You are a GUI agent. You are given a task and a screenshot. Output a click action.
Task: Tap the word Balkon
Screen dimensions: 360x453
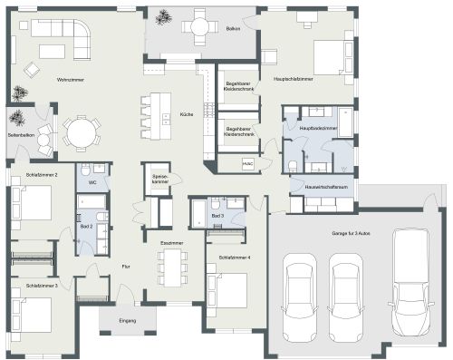[233, 29]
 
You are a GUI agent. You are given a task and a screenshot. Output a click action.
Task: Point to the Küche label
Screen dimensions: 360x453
[186, 115]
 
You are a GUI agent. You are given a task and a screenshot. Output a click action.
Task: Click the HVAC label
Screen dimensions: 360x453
[246, 164]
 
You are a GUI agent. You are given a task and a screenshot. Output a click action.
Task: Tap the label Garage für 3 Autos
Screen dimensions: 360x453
[351, 233]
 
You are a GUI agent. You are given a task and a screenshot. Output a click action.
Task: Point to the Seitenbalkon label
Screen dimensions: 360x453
[20, 135]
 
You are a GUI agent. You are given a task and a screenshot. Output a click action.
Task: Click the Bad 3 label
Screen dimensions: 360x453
[217, 217]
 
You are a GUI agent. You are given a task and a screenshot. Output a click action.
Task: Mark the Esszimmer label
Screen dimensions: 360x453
[171, 244]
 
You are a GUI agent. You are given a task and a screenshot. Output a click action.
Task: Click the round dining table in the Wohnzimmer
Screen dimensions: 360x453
[82, 134]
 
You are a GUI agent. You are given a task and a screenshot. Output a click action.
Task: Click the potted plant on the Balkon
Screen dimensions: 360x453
[164, 17]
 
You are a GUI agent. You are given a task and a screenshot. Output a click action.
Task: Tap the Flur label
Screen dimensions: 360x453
[127, 266]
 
